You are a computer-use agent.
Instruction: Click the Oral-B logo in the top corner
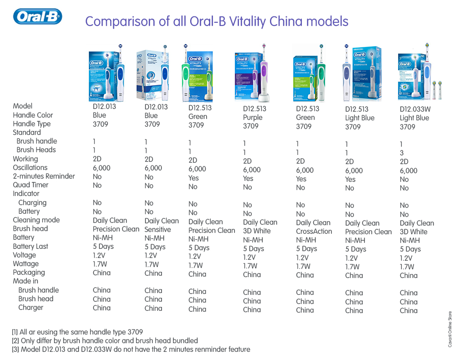38,17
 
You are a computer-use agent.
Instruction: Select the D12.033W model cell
415,109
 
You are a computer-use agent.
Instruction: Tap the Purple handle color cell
253,118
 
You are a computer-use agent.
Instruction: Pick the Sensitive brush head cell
158,229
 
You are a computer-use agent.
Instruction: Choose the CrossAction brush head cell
314,231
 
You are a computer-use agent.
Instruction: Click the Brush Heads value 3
402,153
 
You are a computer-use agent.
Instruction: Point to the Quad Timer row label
31,185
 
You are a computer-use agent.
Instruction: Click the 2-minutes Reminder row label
44,176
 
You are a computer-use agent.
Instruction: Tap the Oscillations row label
31,168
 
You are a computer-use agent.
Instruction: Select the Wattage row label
26,264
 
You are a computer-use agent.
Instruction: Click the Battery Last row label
31,247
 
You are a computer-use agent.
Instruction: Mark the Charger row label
31,308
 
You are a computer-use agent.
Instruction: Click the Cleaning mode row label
36,220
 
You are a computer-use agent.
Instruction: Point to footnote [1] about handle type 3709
77,332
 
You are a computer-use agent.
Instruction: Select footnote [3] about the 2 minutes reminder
131,350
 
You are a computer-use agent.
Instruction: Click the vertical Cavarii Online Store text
450,329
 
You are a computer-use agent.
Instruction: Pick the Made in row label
26,281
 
